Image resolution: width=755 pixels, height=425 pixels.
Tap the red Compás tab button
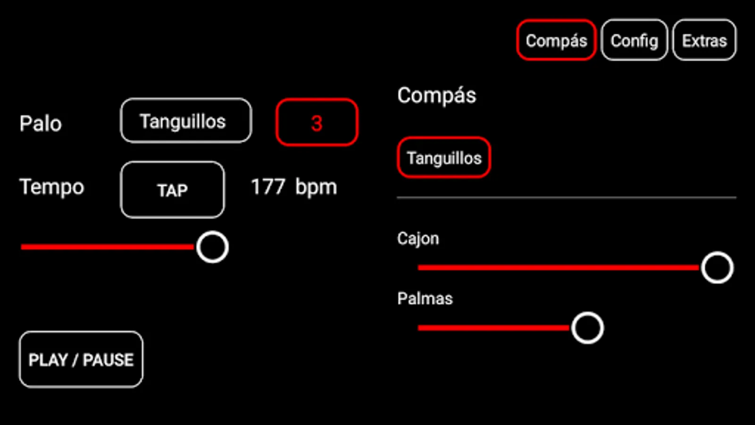coord(556,41)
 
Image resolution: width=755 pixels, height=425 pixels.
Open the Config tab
coord(634,41)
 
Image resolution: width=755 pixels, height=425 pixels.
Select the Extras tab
coord(704,41)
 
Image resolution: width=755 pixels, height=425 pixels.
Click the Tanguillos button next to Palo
coord(186,121)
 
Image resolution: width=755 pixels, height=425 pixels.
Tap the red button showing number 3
coord(317,123)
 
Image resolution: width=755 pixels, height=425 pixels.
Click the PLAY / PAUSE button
coord(81,359)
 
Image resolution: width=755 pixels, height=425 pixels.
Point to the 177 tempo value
coord(268,187)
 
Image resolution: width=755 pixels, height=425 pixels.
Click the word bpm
coord(316,187)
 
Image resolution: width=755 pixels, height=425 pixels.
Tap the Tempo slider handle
coord(212,247)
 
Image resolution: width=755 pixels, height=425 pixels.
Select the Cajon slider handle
coord(717,268)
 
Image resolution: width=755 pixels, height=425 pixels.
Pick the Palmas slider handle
coord(587,328)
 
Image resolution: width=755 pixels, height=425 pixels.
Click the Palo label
coord(41,124)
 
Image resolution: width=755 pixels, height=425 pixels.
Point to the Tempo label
coord(51,187)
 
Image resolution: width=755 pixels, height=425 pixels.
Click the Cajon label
coord(418,238)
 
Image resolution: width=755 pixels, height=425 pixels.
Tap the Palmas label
coord(425,298)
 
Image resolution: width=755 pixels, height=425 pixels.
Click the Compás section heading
coord(436,95)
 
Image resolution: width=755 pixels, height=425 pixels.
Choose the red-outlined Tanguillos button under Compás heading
coord(444,158)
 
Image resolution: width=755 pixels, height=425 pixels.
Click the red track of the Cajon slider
coord(557,268)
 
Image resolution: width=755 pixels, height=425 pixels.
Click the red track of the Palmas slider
coord(493,328)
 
